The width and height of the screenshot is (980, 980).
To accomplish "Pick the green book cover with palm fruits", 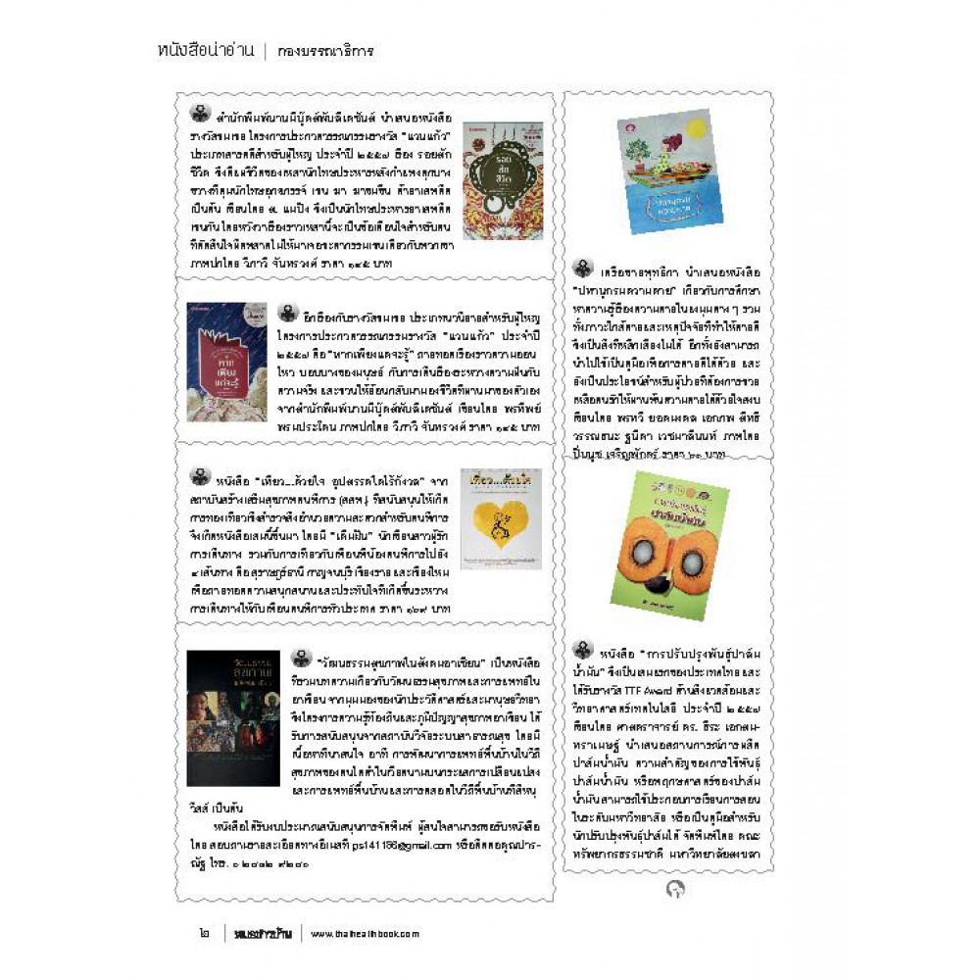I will (669, 544).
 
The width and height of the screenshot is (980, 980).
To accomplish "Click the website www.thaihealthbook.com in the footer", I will (366, 933).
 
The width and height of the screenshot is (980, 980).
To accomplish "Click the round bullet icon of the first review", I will (200, 111).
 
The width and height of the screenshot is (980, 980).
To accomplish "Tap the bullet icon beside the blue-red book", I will (286, 313).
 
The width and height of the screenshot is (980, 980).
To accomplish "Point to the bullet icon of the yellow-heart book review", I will (200, 477).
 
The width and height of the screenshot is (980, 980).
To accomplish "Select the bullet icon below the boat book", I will (583, 268).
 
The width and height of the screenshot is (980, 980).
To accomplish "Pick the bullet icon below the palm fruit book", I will (583, 649).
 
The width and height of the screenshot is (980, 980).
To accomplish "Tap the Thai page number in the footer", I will (192, 933).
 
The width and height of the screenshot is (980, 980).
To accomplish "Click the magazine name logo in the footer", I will (262, 933).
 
